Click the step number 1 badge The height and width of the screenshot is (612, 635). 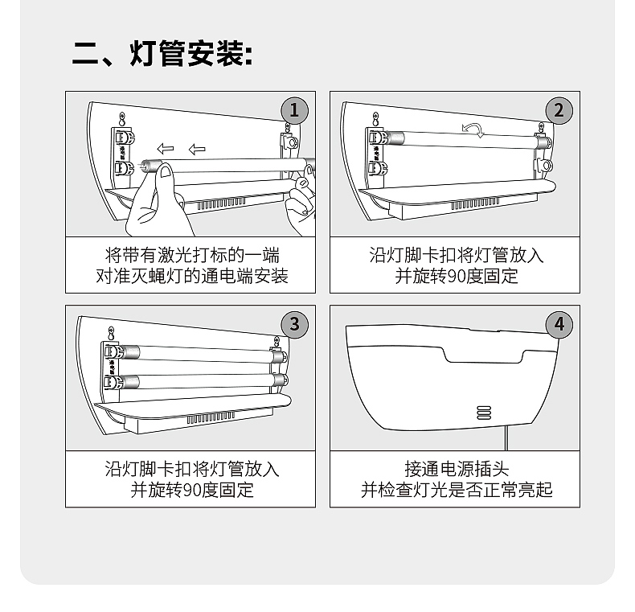(x=294, y=110)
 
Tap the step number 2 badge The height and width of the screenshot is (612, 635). (x=559, y=110)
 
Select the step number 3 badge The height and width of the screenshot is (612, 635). (x=294, y=324)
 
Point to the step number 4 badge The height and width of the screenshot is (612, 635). (x=559, y=324)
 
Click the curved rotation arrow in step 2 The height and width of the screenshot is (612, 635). (x=473, y=129)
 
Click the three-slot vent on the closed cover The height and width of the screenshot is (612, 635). (x=484, y=413)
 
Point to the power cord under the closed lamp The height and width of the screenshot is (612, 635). (x=506, y=439)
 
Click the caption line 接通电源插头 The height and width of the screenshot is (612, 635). (x=457, y=469)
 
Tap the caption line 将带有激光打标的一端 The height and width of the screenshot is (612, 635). (x=192, y=255)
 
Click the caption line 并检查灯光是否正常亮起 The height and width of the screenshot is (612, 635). (x=457, y=490)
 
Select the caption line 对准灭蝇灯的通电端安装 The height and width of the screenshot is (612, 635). (x=192, y=276)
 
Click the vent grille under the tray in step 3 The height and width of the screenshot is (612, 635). (x=211, y=418)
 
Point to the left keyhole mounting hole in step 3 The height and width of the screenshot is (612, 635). (x=111, y=334)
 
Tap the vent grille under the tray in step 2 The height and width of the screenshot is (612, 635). (x=474, y=203)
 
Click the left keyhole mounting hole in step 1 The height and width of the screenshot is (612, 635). (x=123, y=120)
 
